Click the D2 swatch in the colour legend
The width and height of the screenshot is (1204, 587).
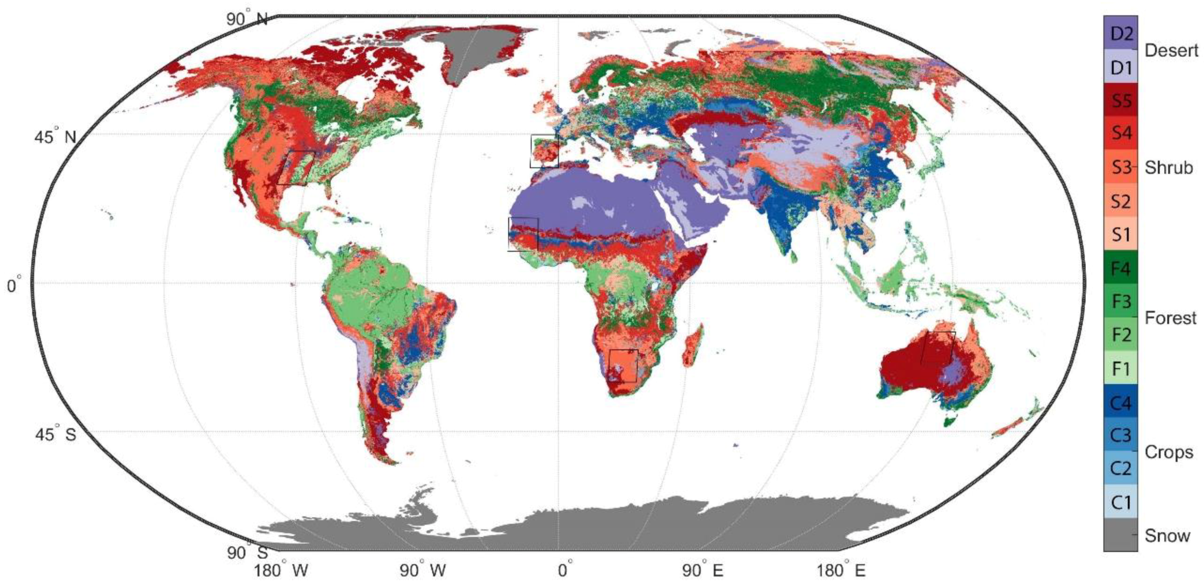1120,33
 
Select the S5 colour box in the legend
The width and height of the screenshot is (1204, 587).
1120,100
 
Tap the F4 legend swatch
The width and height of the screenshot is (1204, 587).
1120,268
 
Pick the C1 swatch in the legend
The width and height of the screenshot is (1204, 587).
1120,502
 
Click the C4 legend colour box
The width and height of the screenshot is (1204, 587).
1120,402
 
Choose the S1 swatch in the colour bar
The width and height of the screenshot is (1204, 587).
1120,234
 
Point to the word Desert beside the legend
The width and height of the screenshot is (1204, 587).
1171,50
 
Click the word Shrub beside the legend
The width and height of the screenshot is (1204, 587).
1169,168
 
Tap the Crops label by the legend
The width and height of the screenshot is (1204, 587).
1169,452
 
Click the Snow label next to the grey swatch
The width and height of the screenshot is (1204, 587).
1167,535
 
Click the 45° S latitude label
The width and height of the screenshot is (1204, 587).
55,434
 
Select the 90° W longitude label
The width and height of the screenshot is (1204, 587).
423,570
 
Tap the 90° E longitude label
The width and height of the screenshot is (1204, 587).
702,570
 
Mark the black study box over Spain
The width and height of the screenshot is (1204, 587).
544,151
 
